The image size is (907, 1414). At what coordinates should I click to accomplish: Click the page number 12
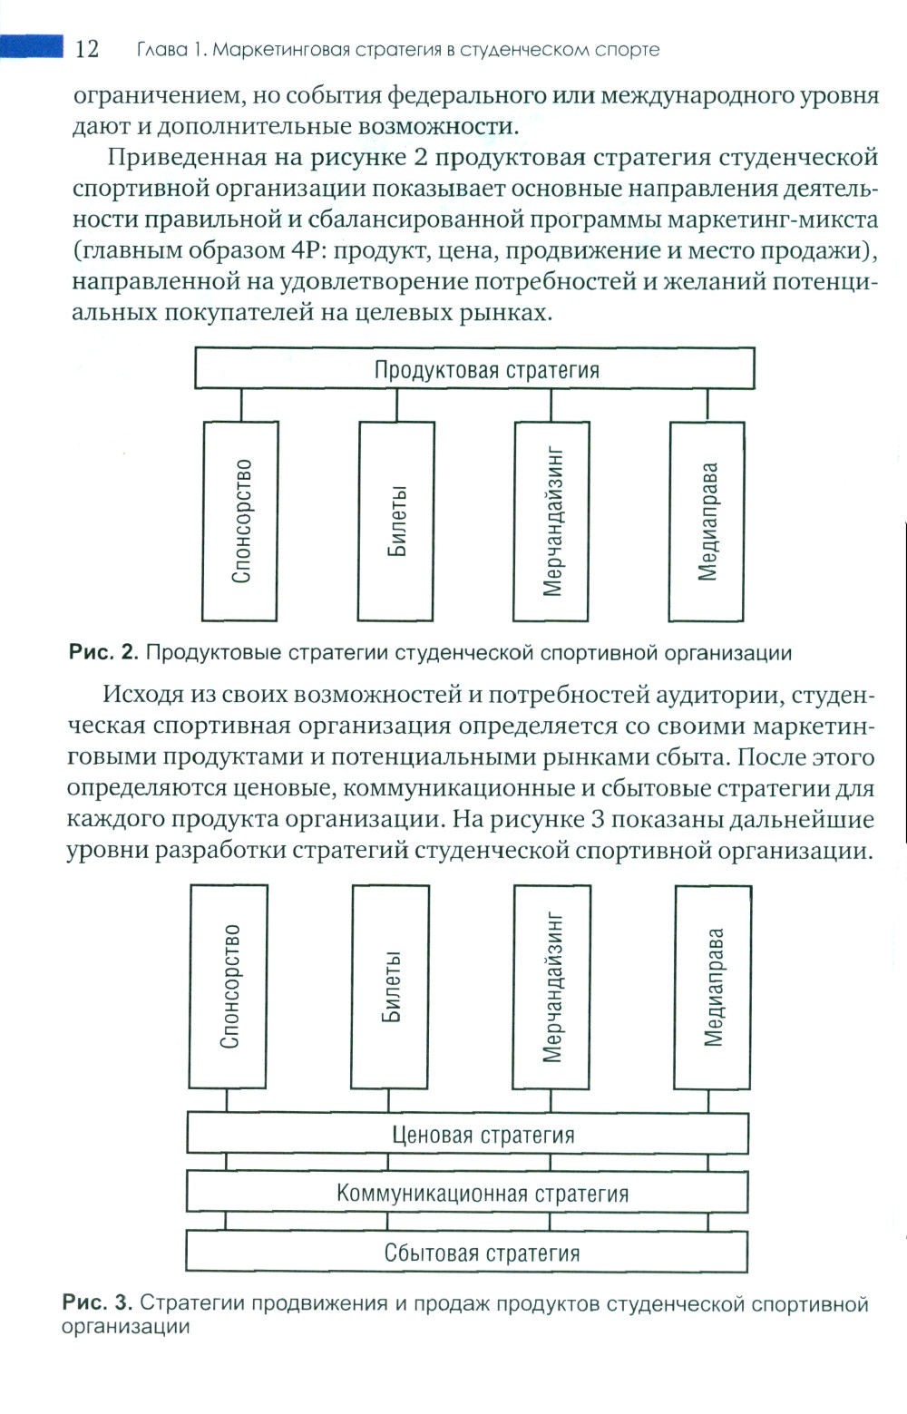(87, 49)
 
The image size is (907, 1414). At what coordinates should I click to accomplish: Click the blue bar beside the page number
(32, 45)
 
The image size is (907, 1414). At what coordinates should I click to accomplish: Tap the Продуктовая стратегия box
(474, 369)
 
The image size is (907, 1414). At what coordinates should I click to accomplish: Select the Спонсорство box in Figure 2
(240, 521)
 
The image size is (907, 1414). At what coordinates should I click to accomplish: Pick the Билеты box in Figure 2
(396, 521)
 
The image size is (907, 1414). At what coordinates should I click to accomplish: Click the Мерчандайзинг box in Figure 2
(551, 521)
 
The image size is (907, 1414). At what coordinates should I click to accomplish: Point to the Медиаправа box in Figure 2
(707, 521)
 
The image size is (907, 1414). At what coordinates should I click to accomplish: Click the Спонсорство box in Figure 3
(229, 986)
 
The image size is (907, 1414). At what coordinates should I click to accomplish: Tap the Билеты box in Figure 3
(390, 986)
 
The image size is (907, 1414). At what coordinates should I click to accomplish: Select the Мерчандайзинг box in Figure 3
(551, 986)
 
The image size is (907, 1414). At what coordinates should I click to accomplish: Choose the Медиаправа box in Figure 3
(713, 986)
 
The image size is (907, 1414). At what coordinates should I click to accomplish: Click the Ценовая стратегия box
(468, 1134)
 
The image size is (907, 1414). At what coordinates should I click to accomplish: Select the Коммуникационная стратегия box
(468, 1193)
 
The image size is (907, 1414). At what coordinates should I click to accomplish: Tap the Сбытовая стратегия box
(468, 1253)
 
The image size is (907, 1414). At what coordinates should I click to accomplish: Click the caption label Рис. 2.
(103, 652)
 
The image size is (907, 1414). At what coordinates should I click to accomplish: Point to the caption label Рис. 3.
(97, 1303)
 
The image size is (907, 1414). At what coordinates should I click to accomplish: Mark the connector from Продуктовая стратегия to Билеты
(396, 406)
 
